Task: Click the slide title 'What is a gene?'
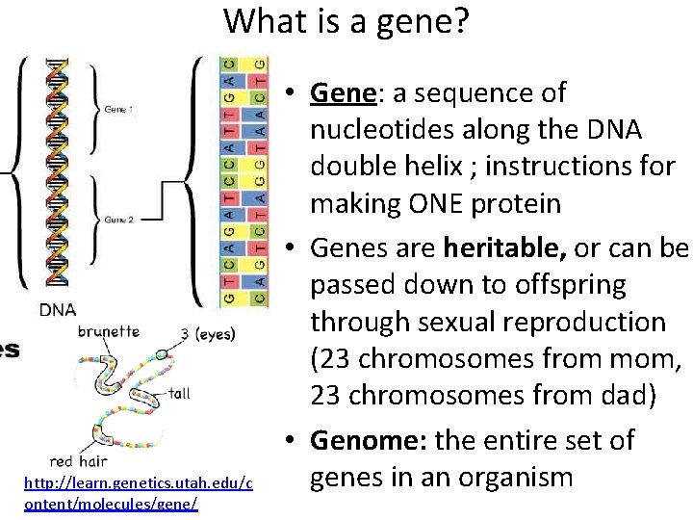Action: (346, 21)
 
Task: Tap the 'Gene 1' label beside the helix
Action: (119, 110)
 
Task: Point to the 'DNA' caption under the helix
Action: (59, 309)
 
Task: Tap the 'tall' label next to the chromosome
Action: (180, 393)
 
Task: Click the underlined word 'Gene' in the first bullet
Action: (343, 93)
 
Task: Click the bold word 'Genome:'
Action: (369, 441)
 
